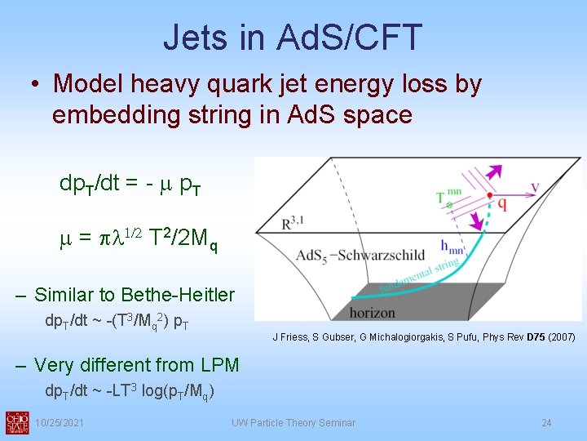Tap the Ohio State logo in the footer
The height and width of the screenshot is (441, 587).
click(17, 421)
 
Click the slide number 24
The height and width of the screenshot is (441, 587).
click(546, 422)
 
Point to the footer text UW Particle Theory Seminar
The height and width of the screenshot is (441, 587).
click(293, 422)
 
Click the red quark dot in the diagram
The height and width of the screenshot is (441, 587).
click(489, 196)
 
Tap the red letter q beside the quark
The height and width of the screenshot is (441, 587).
click(502, 204)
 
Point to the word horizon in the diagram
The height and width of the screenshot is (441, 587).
click(373, 312)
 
